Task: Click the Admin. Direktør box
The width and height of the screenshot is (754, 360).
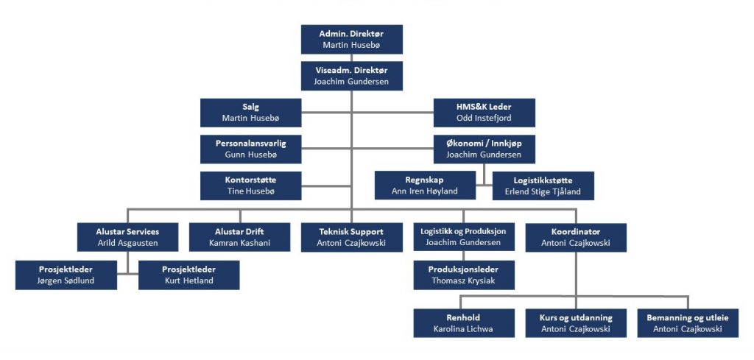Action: [351, 40]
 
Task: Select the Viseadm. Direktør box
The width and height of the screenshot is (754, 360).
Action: [351, 76]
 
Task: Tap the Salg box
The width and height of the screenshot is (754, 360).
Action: [250, 113]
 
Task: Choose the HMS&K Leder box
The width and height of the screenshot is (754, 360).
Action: [485, 113]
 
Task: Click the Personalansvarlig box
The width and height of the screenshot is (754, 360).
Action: [250, 149]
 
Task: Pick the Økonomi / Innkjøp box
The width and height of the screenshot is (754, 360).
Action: [485, 149]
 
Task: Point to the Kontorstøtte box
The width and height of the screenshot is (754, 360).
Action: [250, 186]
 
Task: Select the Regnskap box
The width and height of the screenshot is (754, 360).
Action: [425, 186]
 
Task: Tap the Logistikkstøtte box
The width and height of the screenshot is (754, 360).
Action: [543, 186]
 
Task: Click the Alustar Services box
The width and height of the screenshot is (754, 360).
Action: [127, 237]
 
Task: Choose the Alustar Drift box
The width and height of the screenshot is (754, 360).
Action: [239, 237]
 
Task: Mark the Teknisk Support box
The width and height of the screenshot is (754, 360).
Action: [351, 237]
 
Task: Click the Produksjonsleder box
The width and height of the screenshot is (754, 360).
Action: [464, 275]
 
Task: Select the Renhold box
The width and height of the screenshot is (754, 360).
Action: [464, 323]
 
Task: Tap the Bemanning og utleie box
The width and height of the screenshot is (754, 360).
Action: [688, 323]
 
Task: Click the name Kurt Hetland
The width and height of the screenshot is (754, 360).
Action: [189, 280]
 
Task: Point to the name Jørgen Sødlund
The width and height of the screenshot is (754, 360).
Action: [66, 280]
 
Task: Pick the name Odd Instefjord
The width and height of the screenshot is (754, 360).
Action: [485, 118]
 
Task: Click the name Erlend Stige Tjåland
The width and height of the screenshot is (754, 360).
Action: [543, 191]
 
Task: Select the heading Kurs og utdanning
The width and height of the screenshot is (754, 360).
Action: [576, 318]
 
